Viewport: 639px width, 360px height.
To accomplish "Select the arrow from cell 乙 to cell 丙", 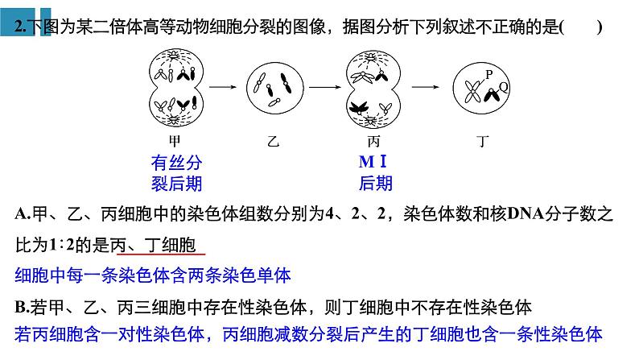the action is pyautogui.click(x=321, y=86).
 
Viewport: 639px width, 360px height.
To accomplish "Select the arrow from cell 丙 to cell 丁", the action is pyautogui.click(x=424, y=86).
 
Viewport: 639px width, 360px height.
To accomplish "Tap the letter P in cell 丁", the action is pyautogui.click(x=489, y=73).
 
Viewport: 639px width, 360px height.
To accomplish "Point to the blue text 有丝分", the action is pyautogui.click(x=176, y=161).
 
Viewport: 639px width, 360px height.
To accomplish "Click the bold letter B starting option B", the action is pyautogui.click(x=20, y=306).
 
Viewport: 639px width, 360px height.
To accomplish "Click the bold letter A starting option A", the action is pyautogui.click(x=20, y=214).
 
